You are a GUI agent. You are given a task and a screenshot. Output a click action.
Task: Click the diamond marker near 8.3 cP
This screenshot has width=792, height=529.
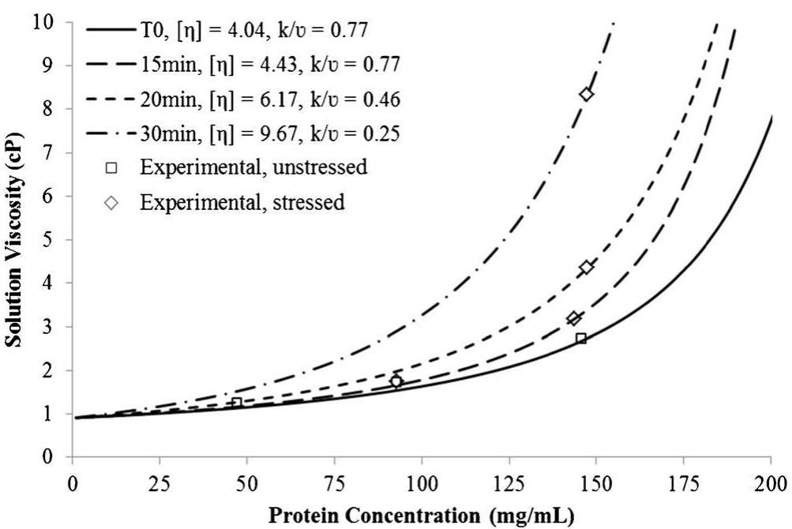(x=587, y=94)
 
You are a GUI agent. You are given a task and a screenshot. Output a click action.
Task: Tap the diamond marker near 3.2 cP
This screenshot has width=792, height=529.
(x=574, y=318)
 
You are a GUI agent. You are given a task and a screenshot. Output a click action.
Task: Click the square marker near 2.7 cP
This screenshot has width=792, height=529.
(x=581, y=338)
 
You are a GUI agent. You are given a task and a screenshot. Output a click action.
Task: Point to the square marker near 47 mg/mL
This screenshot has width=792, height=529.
(x=237, y=403)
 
